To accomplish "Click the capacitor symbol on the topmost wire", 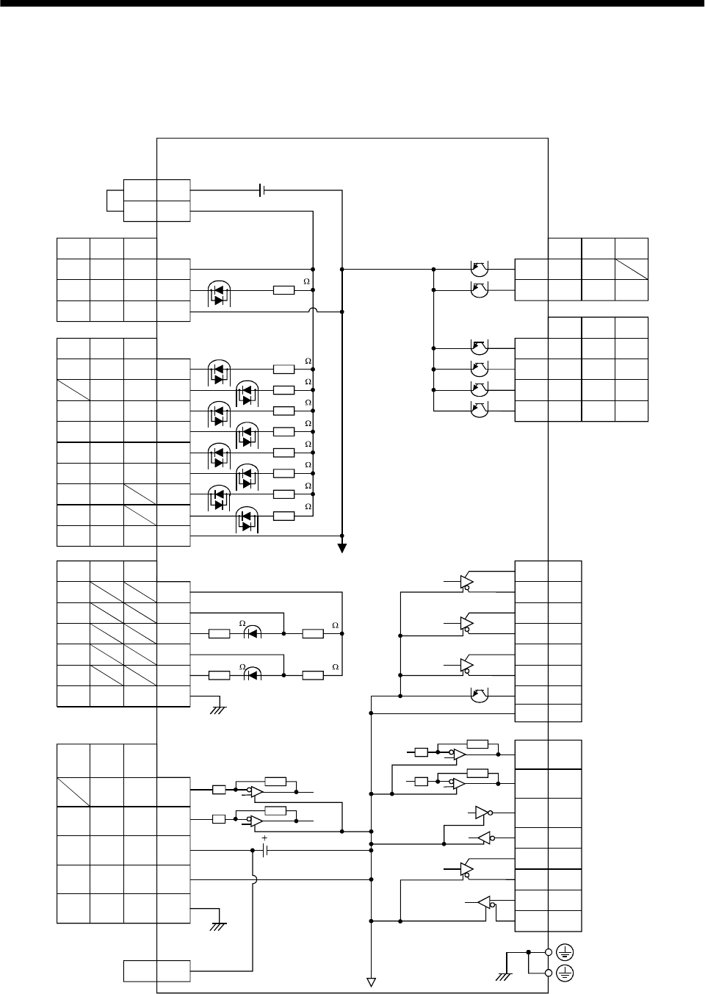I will (x=262, y=191).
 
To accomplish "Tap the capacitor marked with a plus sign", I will (x=265, y=850).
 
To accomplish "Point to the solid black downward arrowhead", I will (x=342, y=547).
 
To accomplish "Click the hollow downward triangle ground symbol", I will (x=372, y=982).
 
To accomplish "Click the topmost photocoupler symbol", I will (x=217, y=292).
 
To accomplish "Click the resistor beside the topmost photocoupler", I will (x=283, y=290).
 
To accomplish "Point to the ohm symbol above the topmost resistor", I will (x=307, y=281).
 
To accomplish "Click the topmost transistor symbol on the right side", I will (x=478, y=270).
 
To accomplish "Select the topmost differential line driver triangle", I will (x=465, y=583).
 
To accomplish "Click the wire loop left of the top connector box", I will (x=115, y=200).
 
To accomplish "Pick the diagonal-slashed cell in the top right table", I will (x=632, y=269).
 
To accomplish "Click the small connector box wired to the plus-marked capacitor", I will (x=156, y=970).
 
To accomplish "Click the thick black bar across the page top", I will (x=352, y=3).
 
